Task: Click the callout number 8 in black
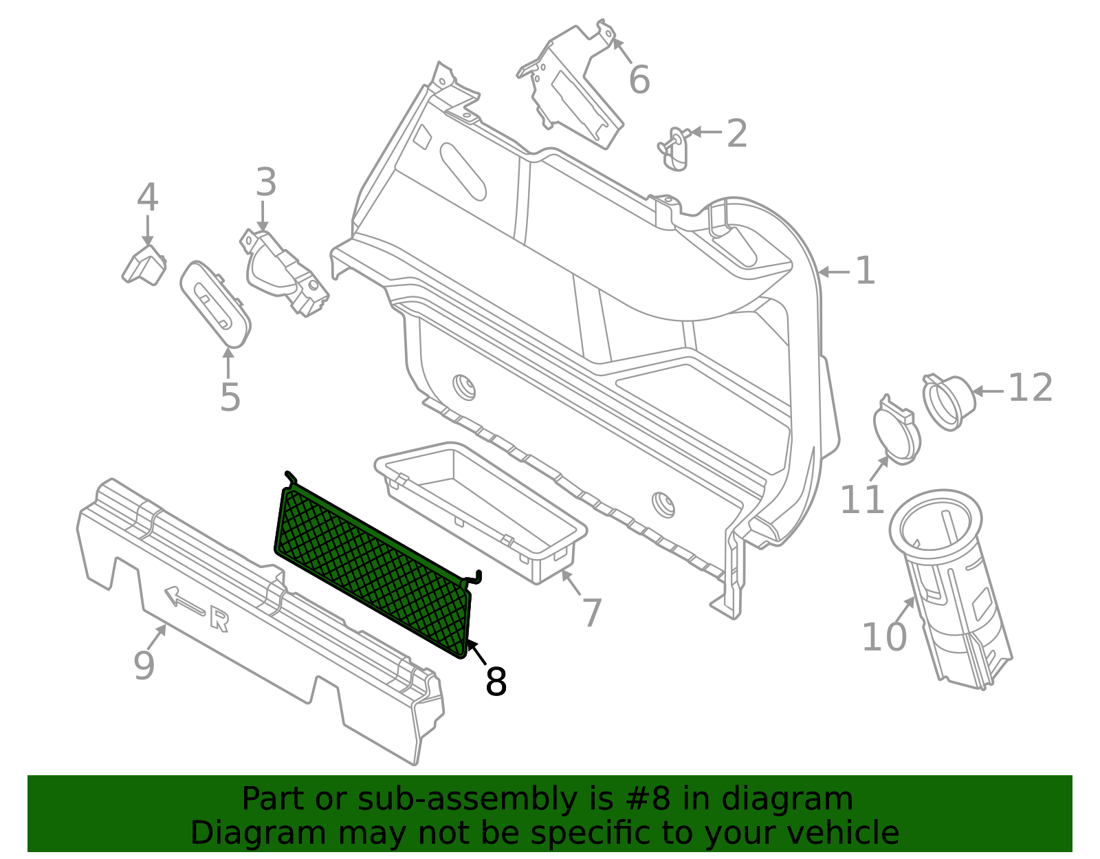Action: pyautogui.click(x=496, y=682)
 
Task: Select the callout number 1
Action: pyautogui.click(x=865, y=271)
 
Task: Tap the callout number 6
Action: pyautogui.click(x=639, y=80)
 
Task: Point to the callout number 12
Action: pyautogui.click(x=1030, y=388)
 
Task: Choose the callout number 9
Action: pyautogui.click(x=144, y=665)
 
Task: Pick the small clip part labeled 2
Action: pyautogui.click(x=674, y=147)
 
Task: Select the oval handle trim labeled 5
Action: pyautogui.click(x=215, y=303)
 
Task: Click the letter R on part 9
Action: pyautogui.click(x=219, y=620)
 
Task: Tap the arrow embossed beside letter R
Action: pyautogui.click(x=184, y=600)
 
